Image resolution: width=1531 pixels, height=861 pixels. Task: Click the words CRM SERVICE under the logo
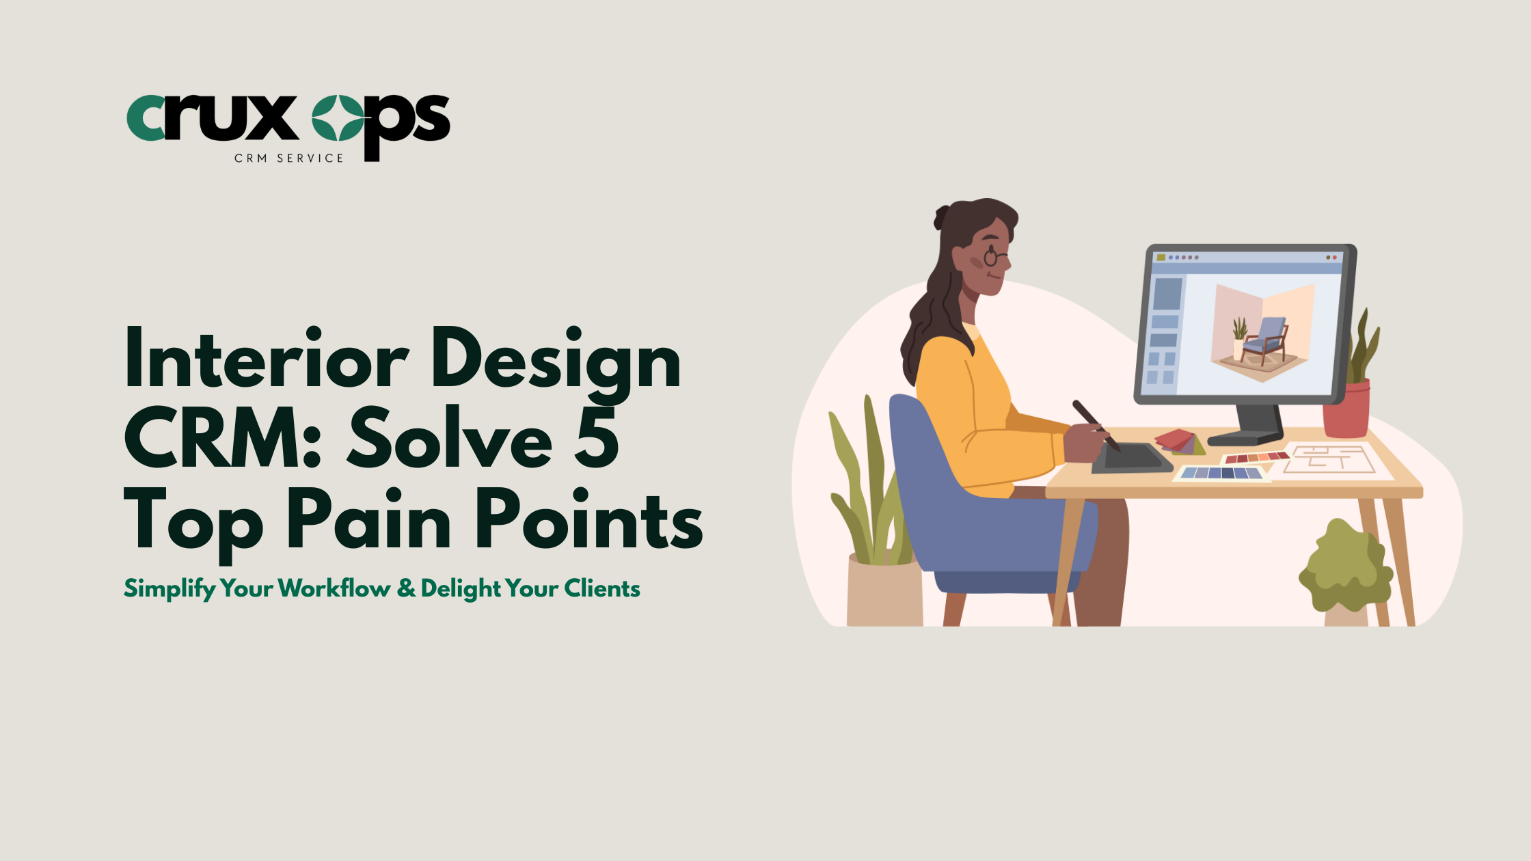(289, 159)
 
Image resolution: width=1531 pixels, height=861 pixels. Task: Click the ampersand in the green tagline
(406, 588)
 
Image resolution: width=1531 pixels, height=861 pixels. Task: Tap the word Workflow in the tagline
(334, 588)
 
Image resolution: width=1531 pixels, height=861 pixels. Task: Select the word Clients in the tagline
(602, 588)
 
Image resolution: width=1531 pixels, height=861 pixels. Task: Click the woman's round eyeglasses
(992, 258)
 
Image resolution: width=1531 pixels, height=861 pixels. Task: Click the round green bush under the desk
(1345, 567)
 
